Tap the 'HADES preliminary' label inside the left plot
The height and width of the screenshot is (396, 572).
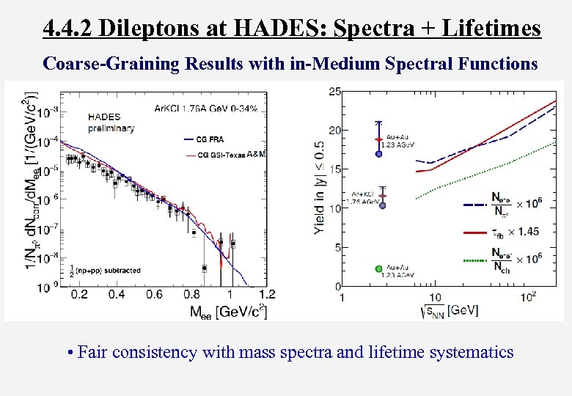111,122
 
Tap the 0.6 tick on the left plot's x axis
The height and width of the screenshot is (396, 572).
154,295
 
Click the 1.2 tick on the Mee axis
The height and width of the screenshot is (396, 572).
268,295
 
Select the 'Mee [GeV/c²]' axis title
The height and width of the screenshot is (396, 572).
228,311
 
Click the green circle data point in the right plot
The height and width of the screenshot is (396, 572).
378,269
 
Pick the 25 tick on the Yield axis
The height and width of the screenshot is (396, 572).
334,91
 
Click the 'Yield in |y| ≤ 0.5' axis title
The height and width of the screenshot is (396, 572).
320,188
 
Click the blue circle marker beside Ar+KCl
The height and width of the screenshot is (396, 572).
382,205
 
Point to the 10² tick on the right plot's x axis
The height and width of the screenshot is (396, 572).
527,297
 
